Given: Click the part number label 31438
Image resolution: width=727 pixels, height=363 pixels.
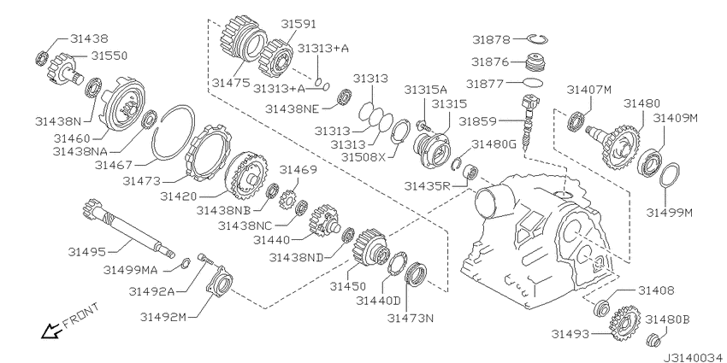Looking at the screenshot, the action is pyautogui.click(x=89, y=39).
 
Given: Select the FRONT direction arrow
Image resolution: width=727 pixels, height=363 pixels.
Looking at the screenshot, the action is pyautogui.click(x=50, y=331).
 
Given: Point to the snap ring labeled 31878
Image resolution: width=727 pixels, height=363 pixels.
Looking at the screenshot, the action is pyautogui.click(x=538, y=39).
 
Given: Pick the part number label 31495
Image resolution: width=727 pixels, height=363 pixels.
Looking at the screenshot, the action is pyautogui.click(x=86, y=252).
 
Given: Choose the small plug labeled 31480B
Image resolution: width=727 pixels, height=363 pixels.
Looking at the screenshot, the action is pyautogui.click(x=653, y=340).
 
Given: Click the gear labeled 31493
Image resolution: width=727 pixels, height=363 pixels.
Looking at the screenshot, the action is pyautogui.click(x=626, y=323).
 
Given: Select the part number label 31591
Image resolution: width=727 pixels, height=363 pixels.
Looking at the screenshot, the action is pyautogui.click(x=299, y=24).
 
